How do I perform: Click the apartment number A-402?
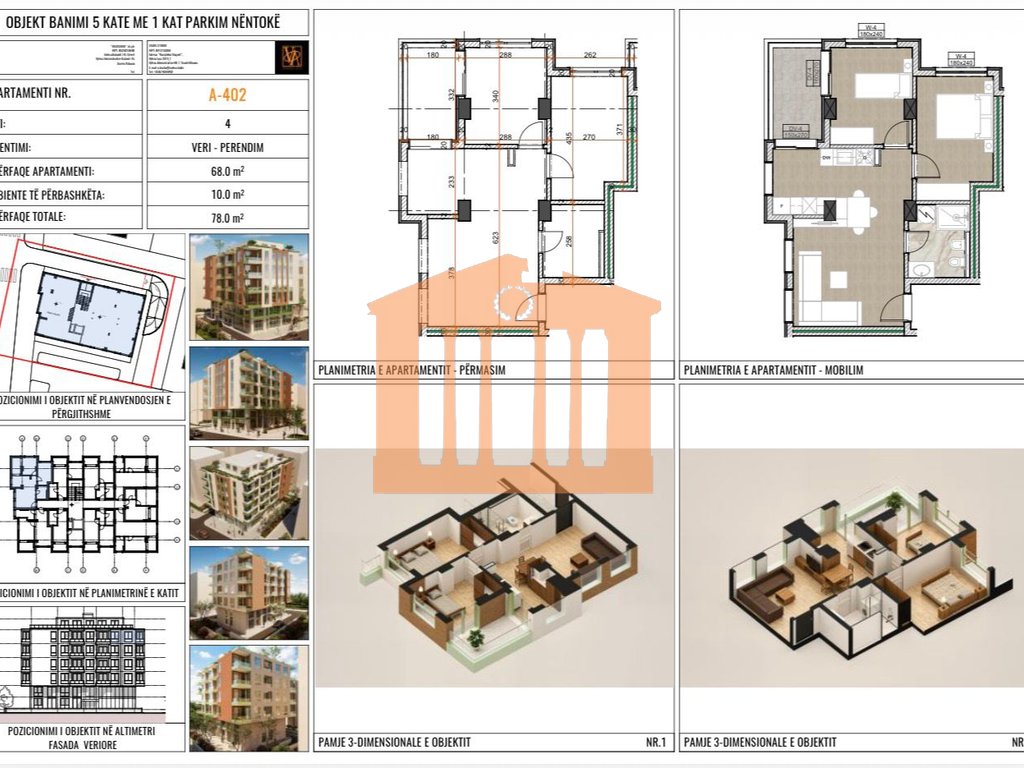click(x=227, y=96)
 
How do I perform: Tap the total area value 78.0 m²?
click(x=227, y=217)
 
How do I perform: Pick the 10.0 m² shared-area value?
click(x=227, y=194)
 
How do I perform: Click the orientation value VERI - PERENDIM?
click(x=227, y=147)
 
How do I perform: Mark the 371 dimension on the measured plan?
click(x=620, y=131)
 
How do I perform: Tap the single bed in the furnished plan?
click(x=878, y=87)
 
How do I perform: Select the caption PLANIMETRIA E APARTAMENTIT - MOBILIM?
click(x=773, y=370)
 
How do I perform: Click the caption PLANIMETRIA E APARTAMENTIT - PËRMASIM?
click(x=411, y=370)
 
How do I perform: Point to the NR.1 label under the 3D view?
click(x=656, y=742)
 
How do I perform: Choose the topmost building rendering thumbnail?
click(x=248, y=285)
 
